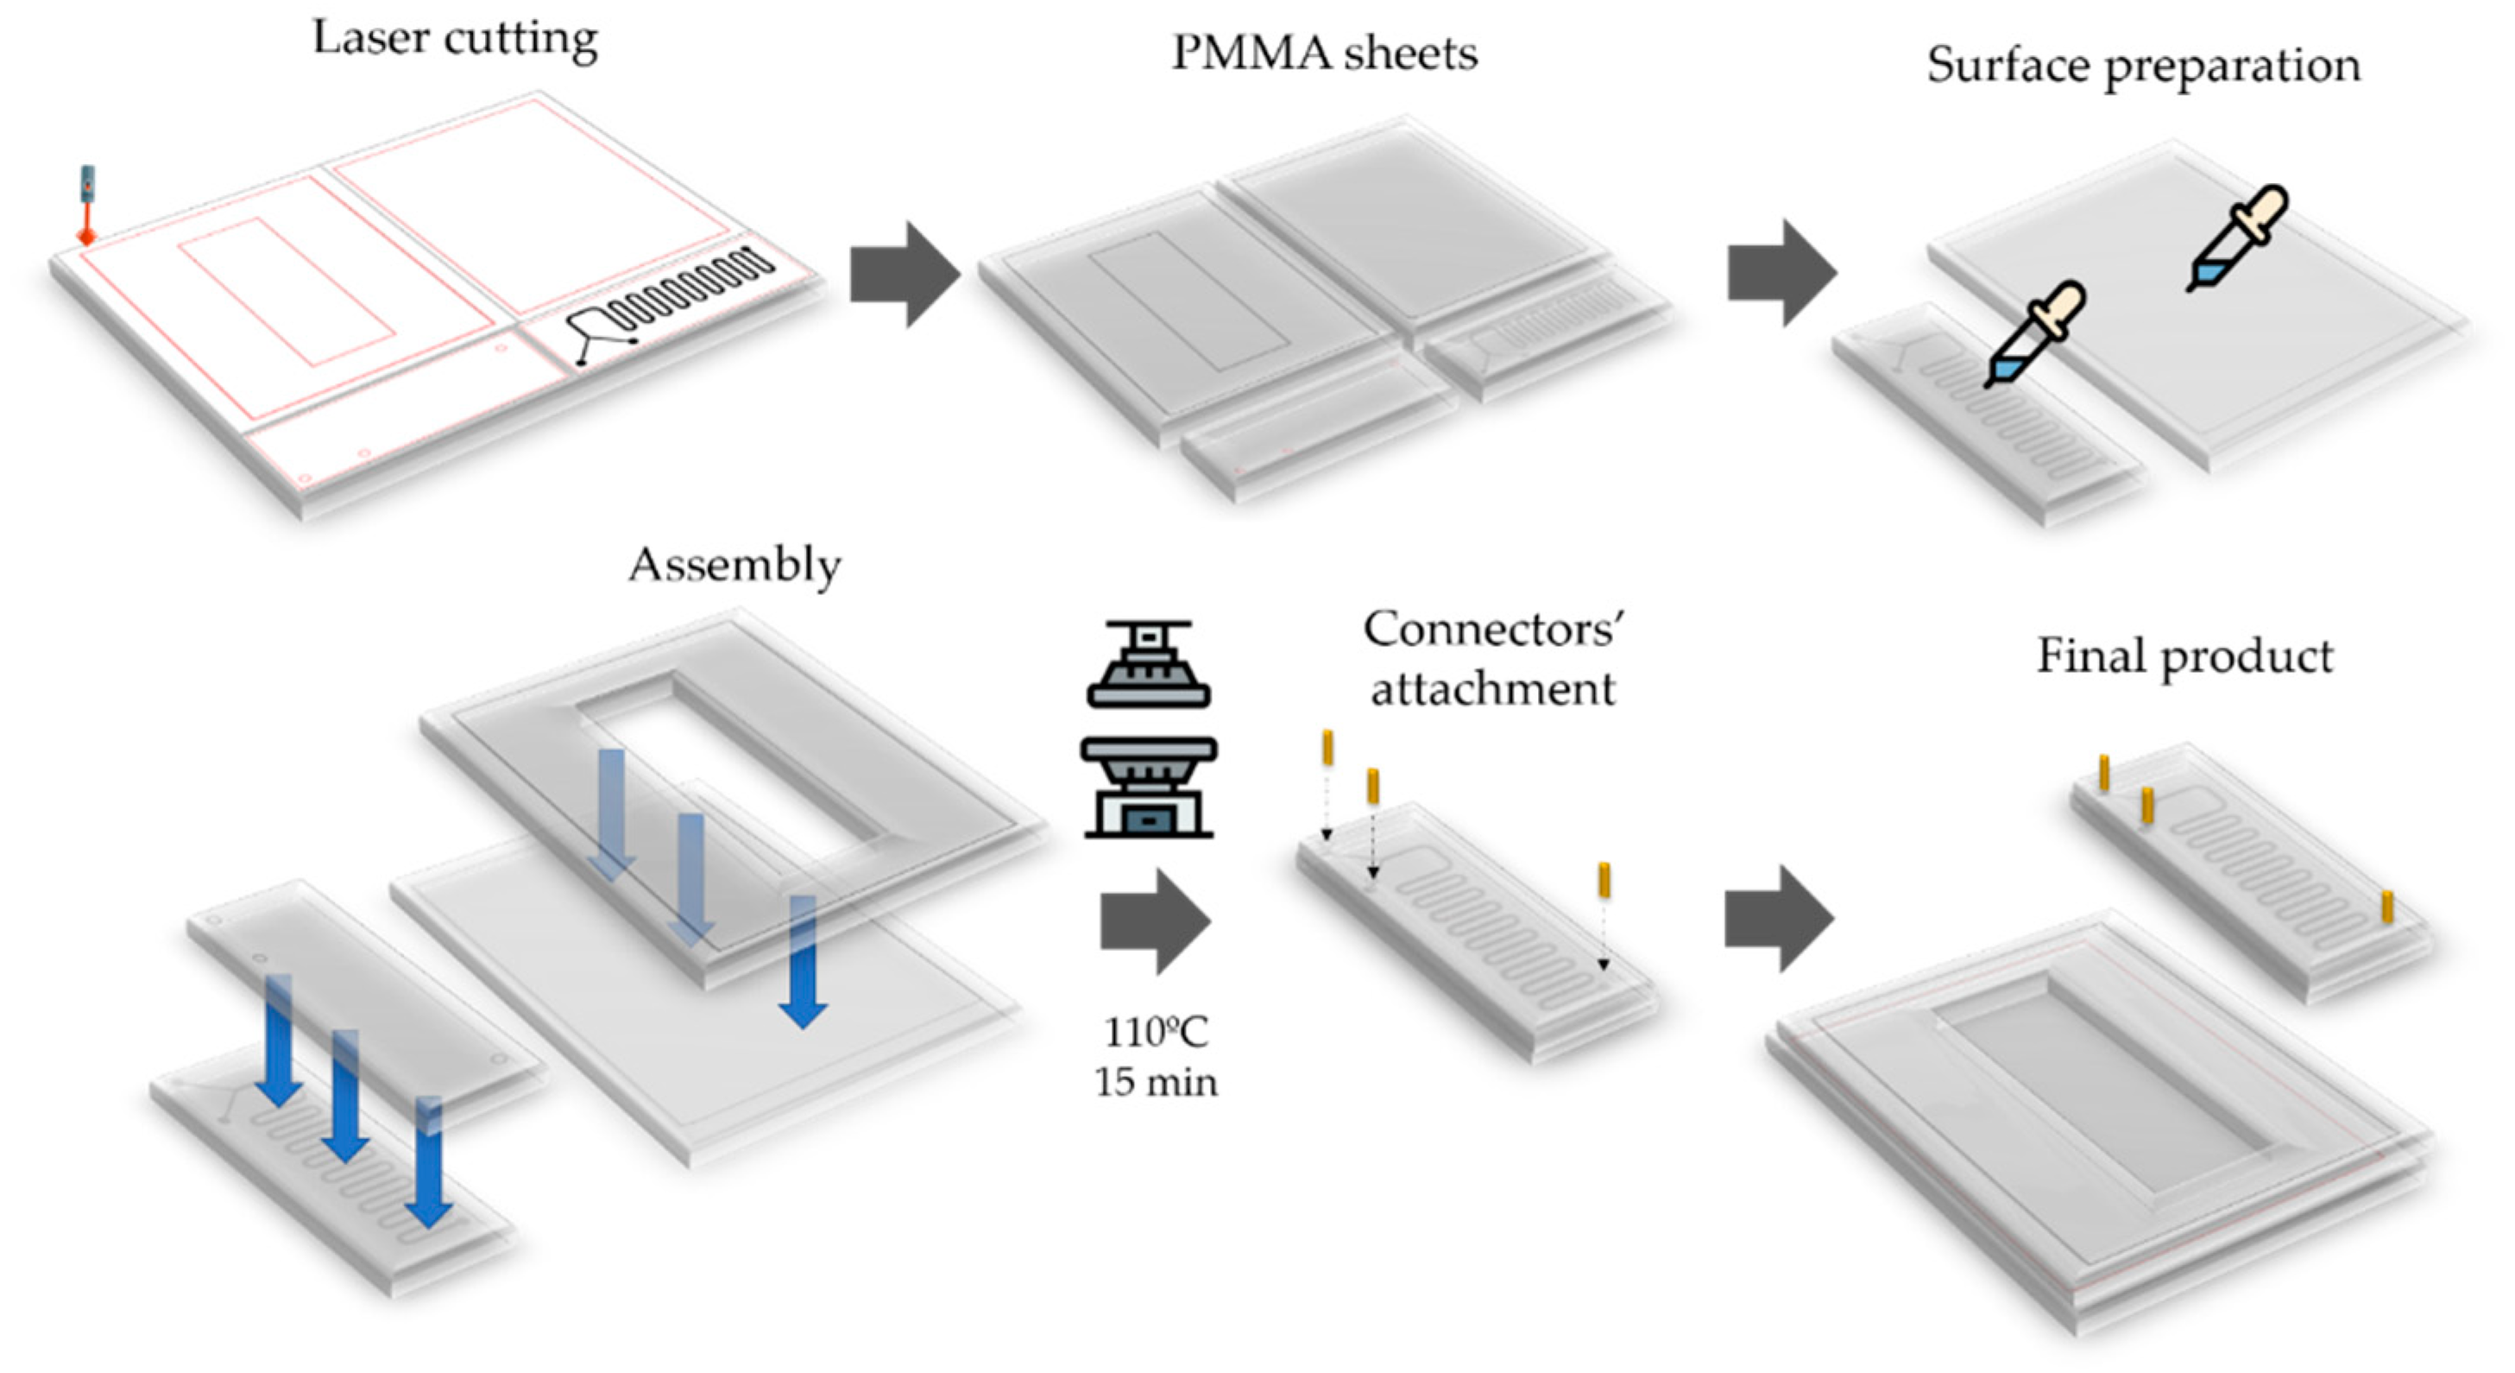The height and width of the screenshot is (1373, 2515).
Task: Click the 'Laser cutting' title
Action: (x=454, y=39)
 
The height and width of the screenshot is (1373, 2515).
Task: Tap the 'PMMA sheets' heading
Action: (x=1324, y=53)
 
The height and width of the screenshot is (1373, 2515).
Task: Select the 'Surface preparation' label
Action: (x=2143, y=66)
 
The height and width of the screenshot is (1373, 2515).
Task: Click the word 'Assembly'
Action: (x=734, y=565)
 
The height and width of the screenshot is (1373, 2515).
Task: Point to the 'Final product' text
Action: (x=2184, y=655)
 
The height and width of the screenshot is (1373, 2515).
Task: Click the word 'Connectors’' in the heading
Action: (x=1493, y=629)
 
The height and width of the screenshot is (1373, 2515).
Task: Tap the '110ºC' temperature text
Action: (x=1155, y=1031)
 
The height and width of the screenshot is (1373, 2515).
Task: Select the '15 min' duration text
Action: (x=1155, y=1082)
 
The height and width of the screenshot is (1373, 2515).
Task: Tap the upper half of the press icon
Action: (x=1148, y=664)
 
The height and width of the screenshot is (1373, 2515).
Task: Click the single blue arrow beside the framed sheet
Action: (x=803, y=962)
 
